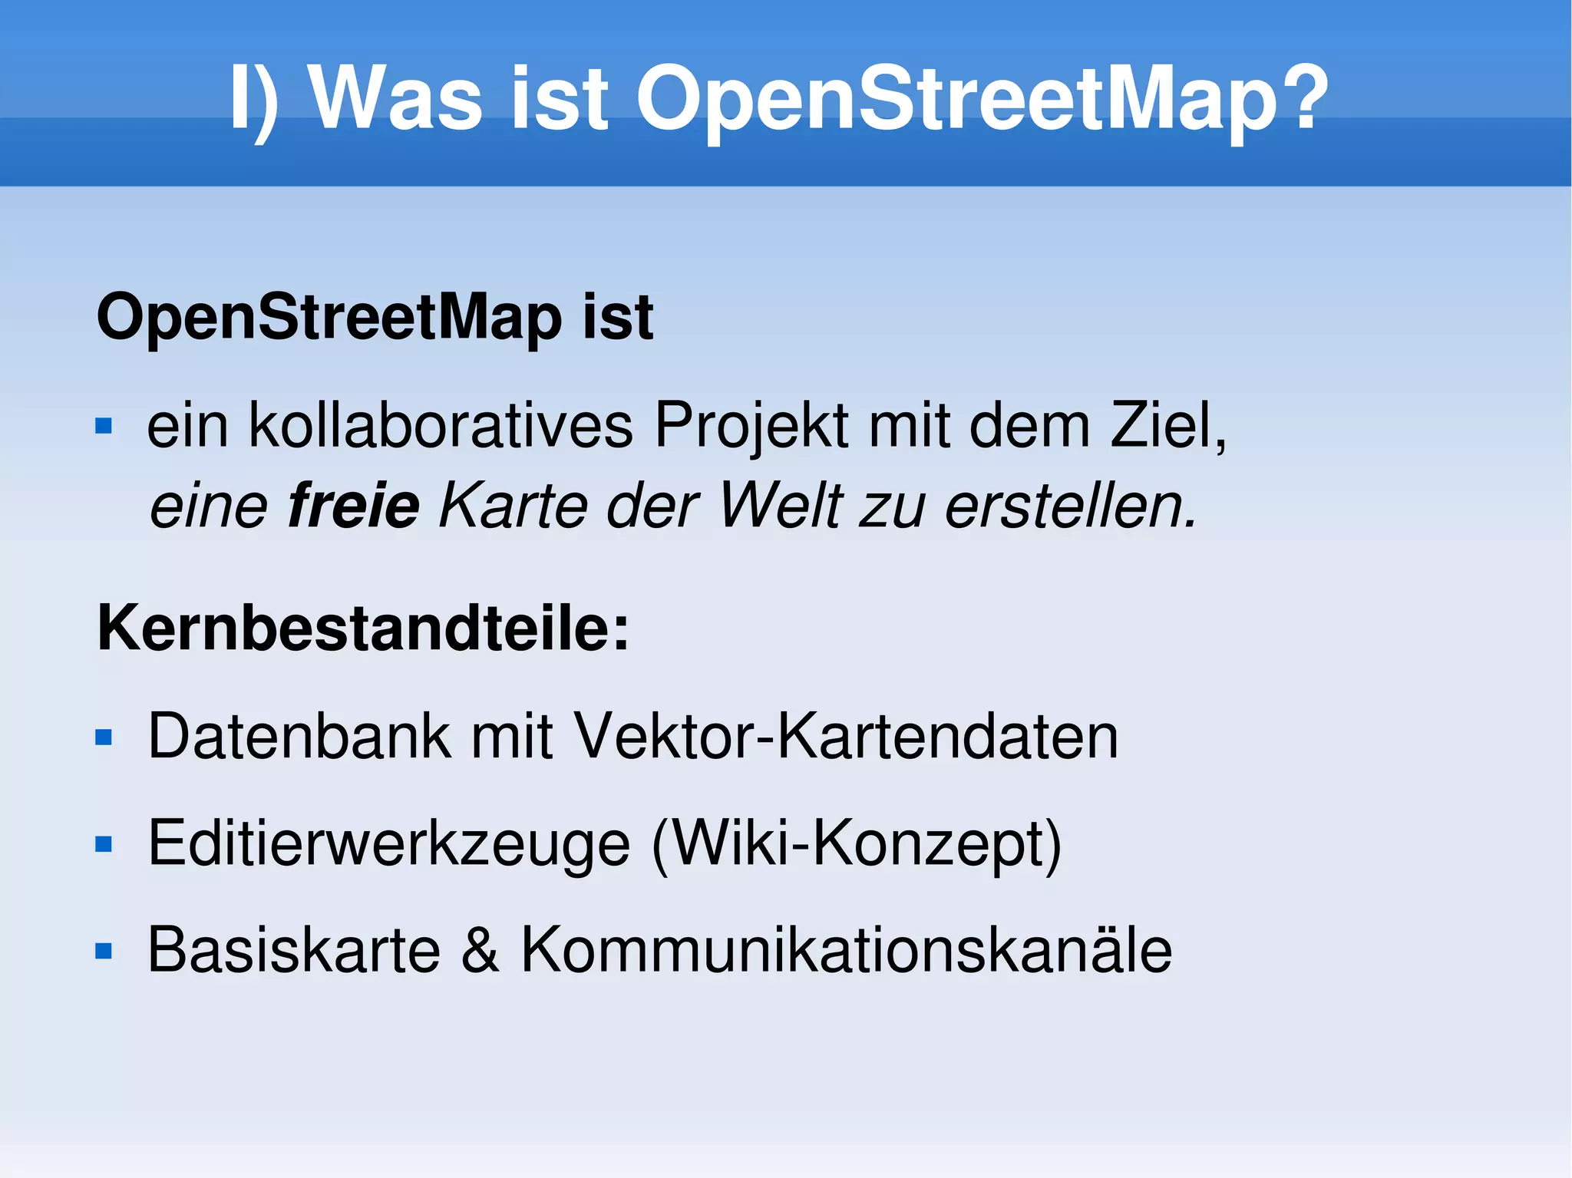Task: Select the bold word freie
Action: point(354,506)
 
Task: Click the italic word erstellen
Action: point(1072,506)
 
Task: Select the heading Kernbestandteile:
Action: point(363,628)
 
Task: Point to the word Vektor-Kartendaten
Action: point(846,736)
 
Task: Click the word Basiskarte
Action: point(294,950)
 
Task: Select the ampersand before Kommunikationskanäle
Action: point(481,950)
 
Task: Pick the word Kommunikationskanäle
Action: point(846,950)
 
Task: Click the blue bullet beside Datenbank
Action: point(104,737)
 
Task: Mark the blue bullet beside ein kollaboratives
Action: point(104,426)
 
